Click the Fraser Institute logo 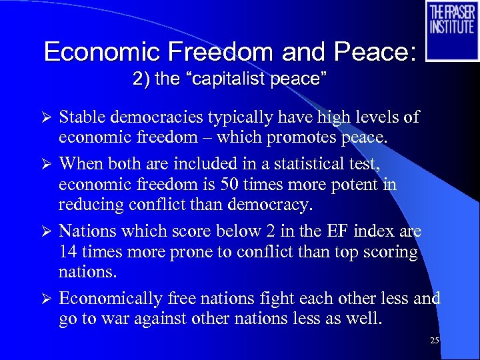(x=451, y=30)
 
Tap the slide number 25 (x=435, y=341)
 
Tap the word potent (x=355, y=185)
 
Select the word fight (x=287, y=298)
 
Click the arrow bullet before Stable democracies (x=46, y=118)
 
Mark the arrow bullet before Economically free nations (x=46, y=299)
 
